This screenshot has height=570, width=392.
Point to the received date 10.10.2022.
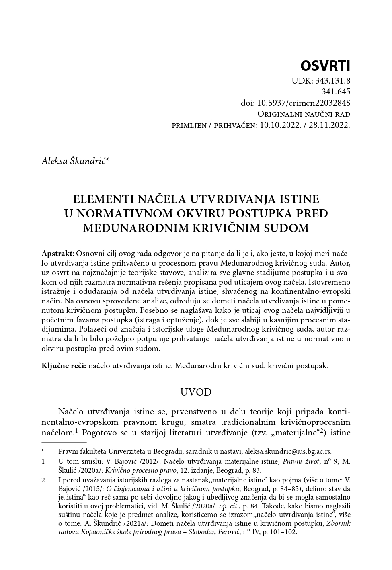coord(280,125)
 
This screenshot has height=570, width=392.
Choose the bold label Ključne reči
coord(64,366)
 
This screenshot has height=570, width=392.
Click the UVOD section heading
coord(196,392)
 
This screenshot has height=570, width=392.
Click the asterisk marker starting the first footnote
coord(43,451)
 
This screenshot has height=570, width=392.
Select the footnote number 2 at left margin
coord(43,480)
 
